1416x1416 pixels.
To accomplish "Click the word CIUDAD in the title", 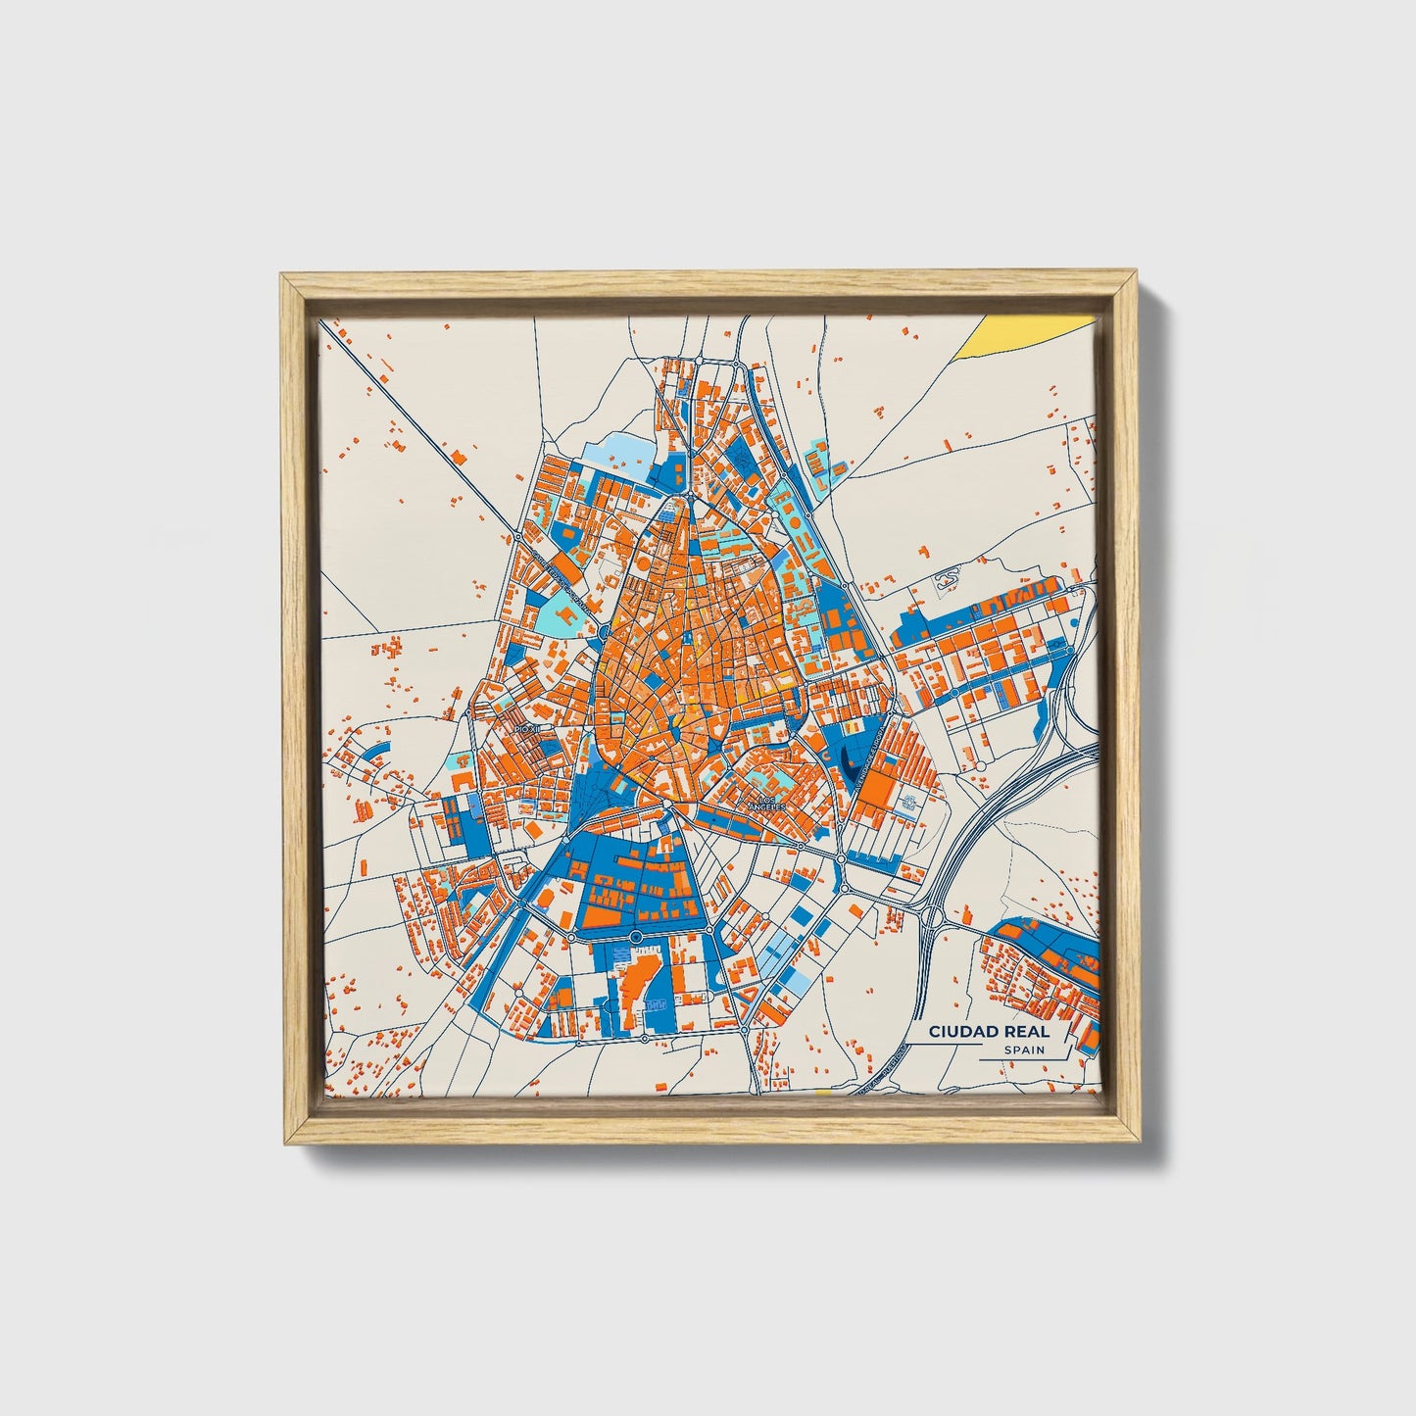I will point(964,1032).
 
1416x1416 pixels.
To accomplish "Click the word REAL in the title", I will point(1026,1032).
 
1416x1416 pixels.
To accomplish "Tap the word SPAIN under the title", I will point(1023,1050).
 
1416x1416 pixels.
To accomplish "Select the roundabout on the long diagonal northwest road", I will point(516,537).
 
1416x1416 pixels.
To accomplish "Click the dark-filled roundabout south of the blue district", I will point(636,938).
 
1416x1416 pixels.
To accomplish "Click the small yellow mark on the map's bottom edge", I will point(821,1091).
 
